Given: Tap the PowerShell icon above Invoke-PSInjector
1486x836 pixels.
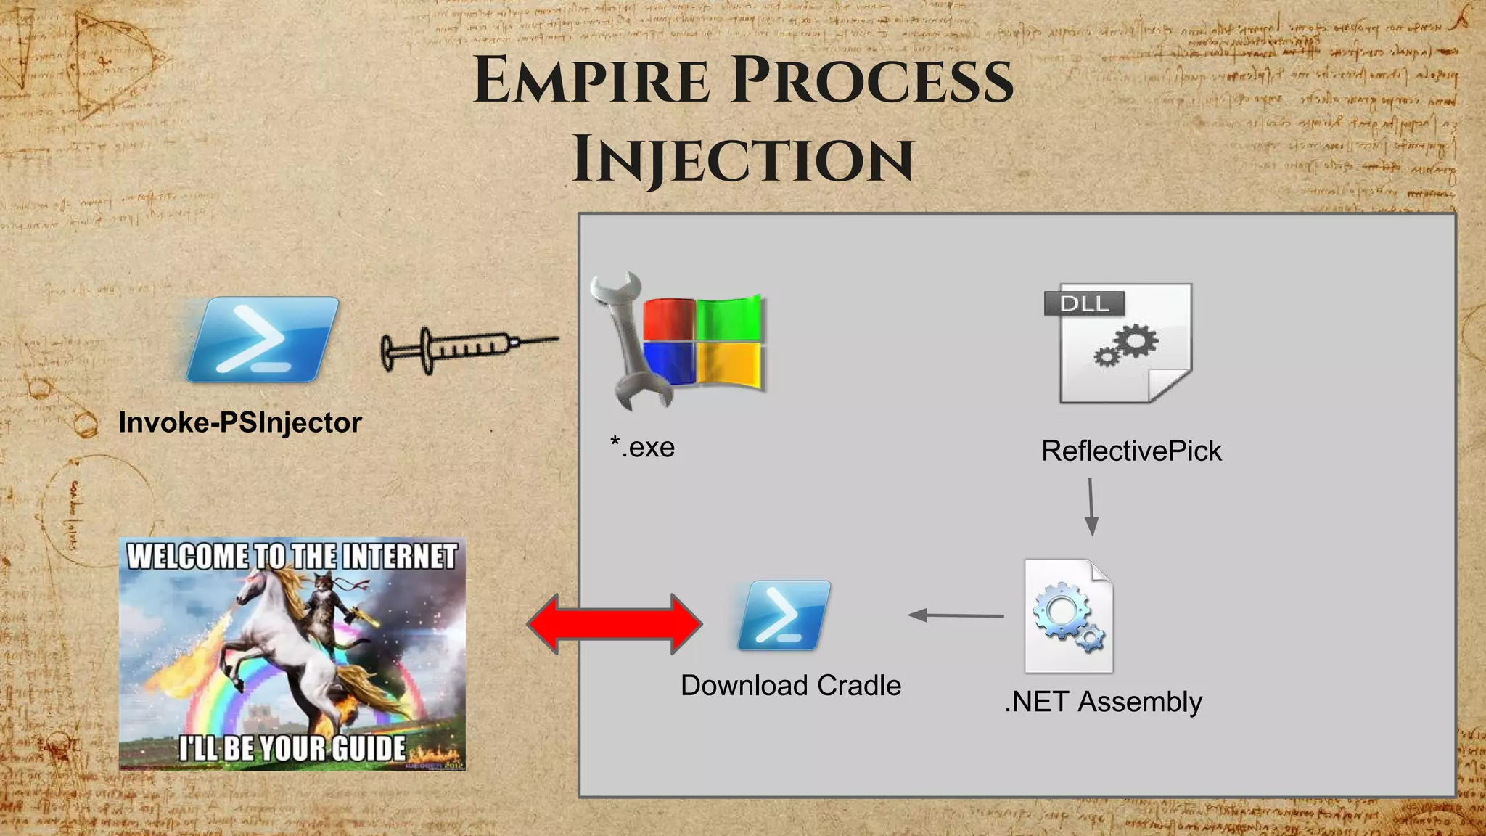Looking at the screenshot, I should coord(262,340).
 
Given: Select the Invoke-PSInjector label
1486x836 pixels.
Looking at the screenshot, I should coord(239,423).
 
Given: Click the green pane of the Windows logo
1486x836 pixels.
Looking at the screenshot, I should coord(728,317).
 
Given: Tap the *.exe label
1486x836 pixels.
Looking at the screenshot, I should coord(642,447).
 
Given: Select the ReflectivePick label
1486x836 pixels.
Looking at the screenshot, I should coord(1130,451).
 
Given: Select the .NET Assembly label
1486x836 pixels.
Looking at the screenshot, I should coord(1103,702).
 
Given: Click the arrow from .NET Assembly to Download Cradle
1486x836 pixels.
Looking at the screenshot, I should coord(956,615).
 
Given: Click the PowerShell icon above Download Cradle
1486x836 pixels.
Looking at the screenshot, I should coord(783,615).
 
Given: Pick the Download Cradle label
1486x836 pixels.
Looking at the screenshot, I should coord(790,686).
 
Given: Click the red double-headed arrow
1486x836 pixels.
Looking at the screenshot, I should coord(615,623).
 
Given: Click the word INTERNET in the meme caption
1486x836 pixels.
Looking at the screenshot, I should coord(399,557).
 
